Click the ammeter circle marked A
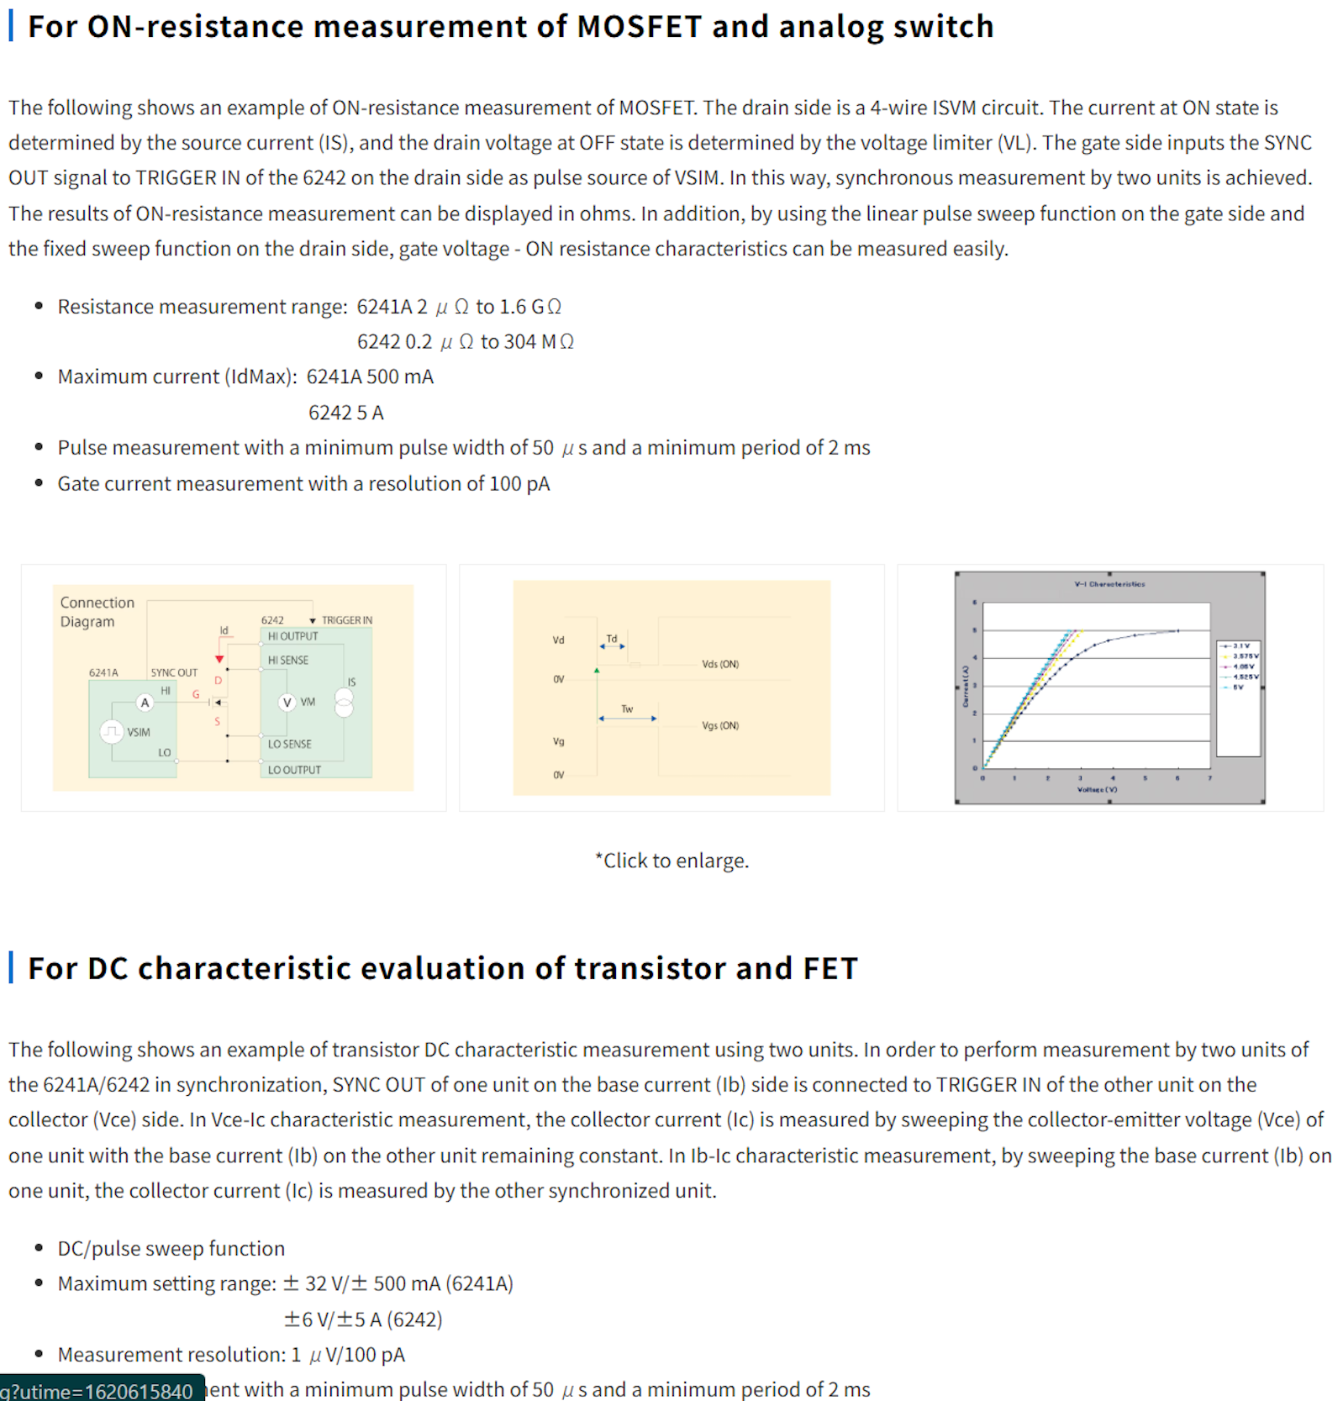coord(145,703)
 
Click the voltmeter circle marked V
coord(287,702)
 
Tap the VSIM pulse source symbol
coord(111,731)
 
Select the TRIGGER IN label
coord(346,620)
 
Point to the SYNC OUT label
coord(174,672)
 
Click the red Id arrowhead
coord(219,660)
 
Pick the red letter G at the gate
coord(196,694)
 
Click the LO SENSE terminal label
coord(289,744)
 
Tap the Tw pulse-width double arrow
coord(627,719)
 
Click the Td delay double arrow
coord(612,646)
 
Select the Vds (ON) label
coord(720,664)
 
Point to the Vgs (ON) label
coord(720,725)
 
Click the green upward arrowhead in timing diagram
coord(597,671)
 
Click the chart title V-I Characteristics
coord(1109,584)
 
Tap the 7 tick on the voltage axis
coord(1209,778)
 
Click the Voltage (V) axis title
coord(1097,789)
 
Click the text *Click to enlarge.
coord(671,861)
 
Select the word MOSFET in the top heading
coord(639,27)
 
